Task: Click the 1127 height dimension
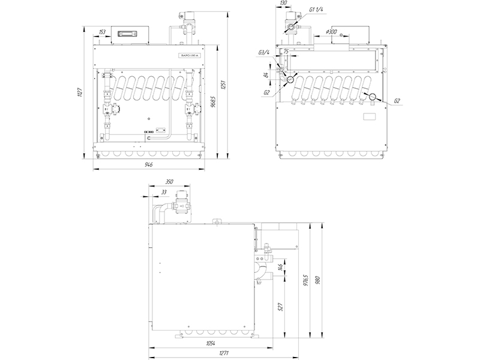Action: point(80,91)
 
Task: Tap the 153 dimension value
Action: point(102,31)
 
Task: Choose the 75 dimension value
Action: point(286,52)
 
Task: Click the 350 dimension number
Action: point(169,181)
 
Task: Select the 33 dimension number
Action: point(164,192)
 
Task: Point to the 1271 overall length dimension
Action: point(223,353)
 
